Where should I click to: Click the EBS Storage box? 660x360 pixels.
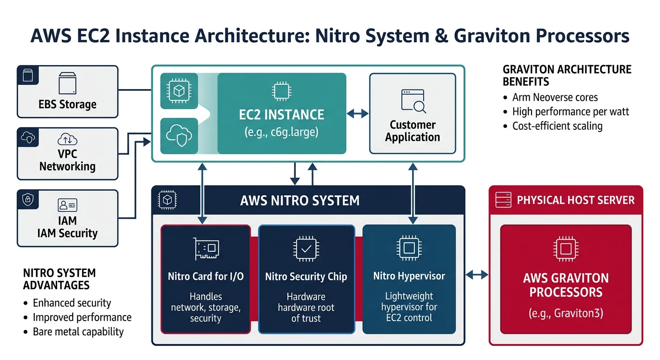point(67,91)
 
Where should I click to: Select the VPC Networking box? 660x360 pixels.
point(67,154)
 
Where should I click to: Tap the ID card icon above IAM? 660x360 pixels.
point(67,205)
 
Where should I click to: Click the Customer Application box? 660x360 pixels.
point(412,113)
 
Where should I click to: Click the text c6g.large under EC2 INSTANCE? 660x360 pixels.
point(281,132)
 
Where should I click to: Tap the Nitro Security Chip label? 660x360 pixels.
point(306,277)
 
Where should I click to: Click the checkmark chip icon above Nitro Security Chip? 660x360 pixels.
point(306,248)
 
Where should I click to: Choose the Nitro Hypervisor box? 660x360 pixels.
point(409,279)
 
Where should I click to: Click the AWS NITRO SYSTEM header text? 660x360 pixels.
point(300,201)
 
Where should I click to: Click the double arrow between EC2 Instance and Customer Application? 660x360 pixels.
point(358,113)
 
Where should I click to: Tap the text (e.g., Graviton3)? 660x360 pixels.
point(566,313)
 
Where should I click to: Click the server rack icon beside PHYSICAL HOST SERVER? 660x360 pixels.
point(503,200)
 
